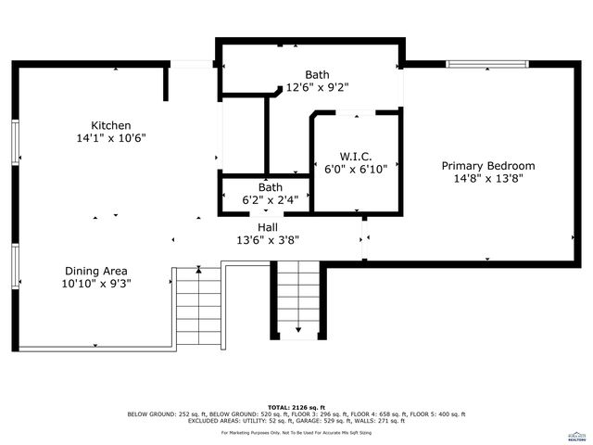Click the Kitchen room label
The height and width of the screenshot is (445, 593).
110,125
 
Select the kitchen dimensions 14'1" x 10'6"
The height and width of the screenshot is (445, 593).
110,138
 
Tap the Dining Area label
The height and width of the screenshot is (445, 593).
96,271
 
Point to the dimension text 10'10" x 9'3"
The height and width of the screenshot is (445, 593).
96,284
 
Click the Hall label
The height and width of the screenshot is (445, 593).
268,227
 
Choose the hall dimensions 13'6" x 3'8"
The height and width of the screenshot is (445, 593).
268,240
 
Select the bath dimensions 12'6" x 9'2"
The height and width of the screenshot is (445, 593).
317,87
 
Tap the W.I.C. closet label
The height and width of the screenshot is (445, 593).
356,157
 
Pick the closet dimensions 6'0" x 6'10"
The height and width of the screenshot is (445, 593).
356,170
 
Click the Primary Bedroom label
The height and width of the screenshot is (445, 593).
487,166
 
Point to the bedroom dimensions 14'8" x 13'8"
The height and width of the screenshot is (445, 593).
487,179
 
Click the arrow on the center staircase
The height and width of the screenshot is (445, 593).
298,328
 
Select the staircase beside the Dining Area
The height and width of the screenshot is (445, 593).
197,306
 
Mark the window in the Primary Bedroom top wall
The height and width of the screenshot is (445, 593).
488,64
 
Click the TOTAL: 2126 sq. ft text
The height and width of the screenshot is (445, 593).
296,407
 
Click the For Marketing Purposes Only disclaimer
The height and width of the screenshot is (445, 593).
296,432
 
